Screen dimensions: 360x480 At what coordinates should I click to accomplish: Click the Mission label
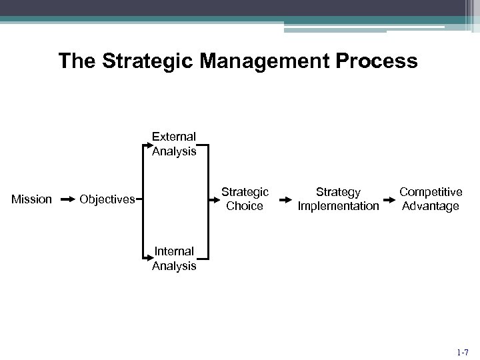33,199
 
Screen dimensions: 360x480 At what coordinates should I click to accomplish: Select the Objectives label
107,199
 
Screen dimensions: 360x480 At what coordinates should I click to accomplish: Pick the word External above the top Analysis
174,137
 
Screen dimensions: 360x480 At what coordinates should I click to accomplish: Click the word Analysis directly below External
174,151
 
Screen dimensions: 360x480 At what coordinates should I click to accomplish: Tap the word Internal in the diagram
174,251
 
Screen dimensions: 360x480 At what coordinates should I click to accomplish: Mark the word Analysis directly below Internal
174,266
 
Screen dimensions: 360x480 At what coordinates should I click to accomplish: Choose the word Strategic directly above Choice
245,191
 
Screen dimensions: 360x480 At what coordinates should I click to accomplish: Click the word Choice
245,206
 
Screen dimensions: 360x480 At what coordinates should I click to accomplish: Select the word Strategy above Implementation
338,191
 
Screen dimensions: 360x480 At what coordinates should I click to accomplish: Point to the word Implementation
338,206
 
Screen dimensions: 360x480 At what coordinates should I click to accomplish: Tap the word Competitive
431,191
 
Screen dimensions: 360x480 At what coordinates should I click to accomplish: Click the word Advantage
431,206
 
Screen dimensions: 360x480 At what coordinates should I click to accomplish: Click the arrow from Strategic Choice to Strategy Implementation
285,199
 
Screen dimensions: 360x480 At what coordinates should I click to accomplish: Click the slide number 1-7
462,351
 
